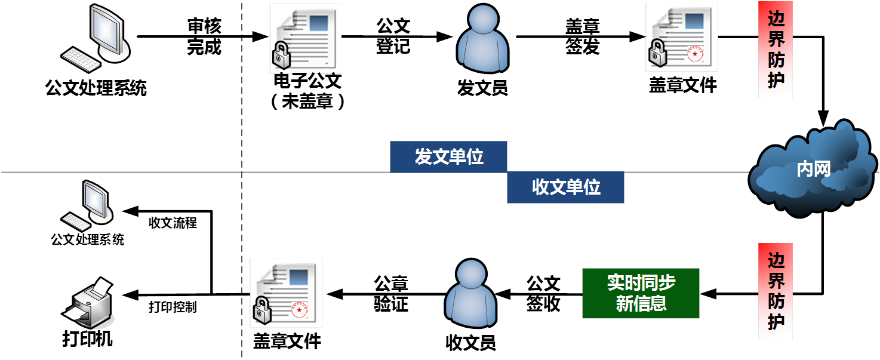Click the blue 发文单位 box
[x=448, y=157]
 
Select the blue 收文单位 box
[x=565, y=187]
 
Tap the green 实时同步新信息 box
[x=641, y=293]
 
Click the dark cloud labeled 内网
[x=814, y=169]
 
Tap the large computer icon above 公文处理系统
[x=96, y=39]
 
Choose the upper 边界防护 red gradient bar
[x=776, y=50]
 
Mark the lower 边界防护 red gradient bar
[x=776, y=291]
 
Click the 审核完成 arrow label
[x=204, y=36]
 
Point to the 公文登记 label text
[x=393, y=36]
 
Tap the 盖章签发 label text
[x=582, y=36]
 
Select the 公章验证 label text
[x=391, y=293]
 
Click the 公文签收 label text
[x=543, y=293]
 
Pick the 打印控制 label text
[x=173, y=307]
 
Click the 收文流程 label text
[x=173, y=223]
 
